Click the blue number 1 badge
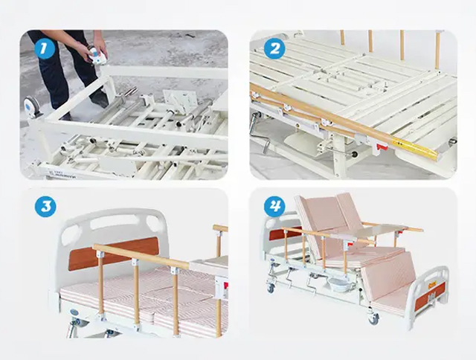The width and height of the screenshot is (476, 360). pos(45,48)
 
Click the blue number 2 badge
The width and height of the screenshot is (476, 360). pos(274,48)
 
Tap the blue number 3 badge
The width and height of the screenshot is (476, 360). pos(45,207)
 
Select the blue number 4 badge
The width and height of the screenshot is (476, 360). pos(274,207)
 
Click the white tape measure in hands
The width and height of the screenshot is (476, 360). pos(97,56)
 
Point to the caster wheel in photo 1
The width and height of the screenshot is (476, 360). pos(32,106)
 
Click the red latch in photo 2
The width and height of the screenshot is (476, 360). pos(382,148)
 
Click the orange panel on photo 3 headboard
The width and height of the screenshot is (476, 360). pos(113,253)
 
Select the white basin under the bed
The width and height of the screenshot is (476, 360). pos(338,285)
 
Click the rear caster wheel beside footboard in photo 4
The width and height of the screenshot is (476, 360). pos(374,318)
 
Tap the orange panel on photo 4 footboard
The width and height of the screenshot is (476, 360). pos(430,295)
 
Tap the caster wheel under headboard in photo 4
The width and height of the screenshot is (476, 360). pos(271,288)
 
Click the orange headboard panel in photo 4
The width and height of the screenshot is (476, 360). pos(283,234)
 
